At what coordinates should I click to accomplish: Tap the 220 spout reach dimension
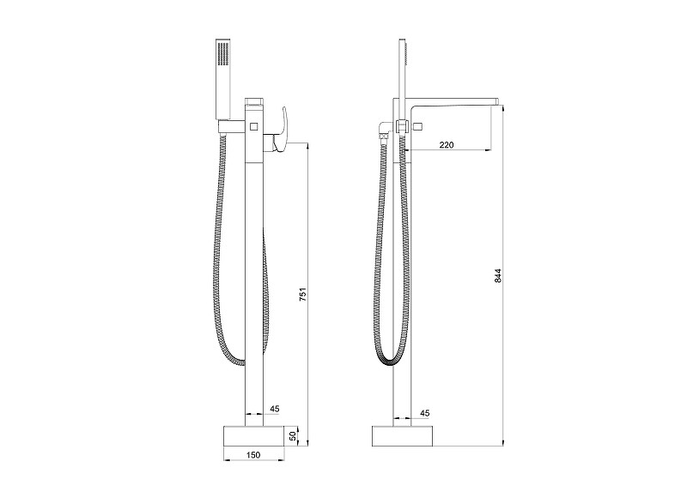click(x=446, y=145)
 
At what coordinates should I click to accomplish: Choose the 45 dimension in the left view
click(x=275, y=410)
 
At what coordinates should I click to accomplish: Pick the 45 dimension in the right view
click(x=424, y=413)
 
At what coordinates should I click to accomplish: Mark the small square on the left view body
click(x=253, y=127)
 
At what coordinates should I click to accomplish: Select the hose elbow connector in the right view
click(x=384, y=132)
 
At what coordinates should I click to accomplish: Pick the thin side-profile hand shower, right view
click(x=401, y=69)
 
